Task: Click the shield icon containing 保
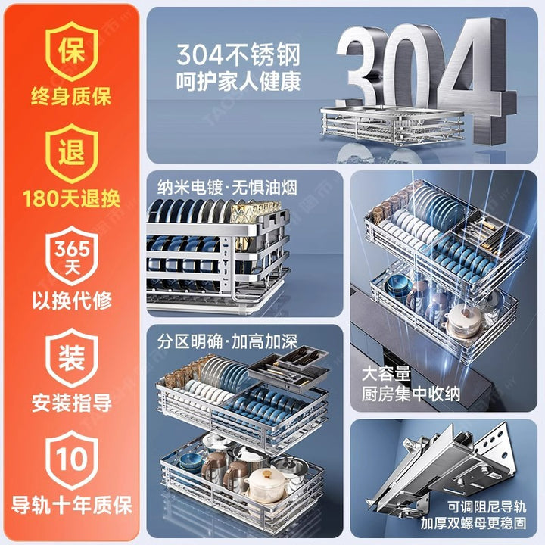coord(72,51)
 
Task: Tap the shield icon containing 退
coord(72,153)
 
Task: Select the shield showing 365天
coord(72,256)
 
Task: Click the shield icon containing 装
coord(72,357)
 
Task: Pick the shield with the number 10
coord(72,460)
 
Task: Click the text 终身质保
coord(71,96)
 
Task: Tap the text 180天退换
coord(72,198)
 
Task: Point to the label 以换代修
coord(72,301)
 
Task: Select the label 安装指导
coord(72,403)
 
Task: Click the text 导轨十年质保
coord(72,505)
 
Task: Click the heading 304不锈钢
coord(238,55)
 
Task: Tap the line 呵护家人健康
coord(238,82)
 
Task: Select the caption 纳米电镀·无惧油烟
coord(227,188)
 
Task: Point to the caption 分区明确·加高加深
coord(227,341)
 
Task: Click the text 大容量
coord(386,374)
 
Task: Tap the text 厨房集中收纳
coord(411,394)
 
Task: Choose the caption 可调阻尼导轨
coord(487,506)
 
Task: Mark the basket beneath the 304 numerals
coord(392,125)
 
